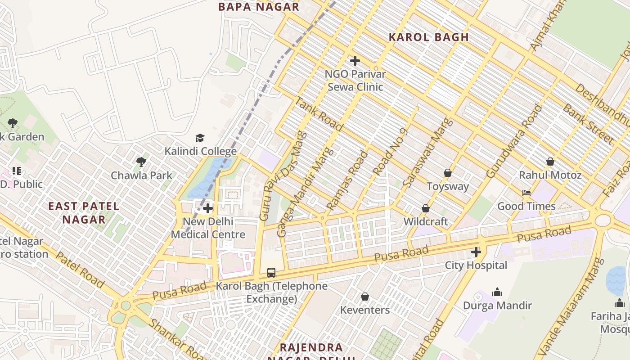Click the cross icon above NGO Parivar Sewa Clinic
click(355, 60)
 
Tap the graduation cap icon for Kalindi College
click(200, 138)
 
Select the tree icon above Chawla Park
click(141, 162)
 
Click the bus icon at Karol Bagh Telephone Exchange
click(271, 272)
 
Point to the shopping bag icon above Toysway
click(448, 173)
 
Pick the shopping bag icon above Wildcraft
click(425, 208)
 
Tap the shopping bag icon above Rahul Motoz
click(550, 162)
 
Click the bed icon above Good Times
click(526, 193)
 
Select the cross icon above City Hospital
click(476, 252)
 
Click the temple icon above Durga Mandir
click(497, 292)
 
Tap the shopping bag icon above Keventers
click(365, 297)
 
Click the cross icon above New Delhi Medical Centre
click(208, 208)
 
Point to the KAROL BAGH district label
click(428, 37)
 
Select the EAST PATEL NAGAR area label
click(84, 213)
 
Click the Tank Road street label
click(318, 113)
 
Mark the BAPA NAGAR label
click(258, 7)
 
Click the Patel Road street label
click(80, 270)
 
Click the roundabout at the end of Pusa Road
click(603, 220)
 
